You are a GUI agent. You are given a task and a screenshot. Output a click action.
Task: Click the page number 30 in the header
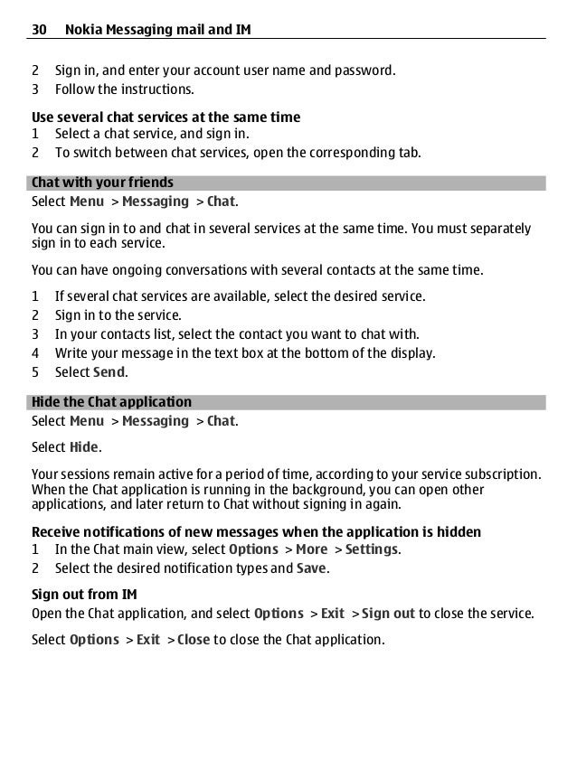[39, 31]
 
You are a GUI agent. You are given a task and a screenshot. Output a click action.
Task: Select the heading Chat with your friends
[102, 183]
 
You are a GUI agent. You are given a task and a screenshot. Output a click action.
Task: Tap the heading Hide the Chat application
[111, 402]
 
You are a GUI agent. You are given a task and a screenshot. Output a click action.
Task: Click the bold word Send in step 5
[109, 371]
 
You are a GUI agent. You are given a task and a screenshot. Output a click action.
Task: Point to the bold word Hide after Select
[85, 447]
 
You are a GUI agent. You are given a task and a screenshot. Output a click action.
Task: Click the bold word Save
[312, 568]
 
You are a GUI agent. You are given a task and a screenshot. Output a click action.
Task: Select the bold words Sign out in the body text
[388, 614]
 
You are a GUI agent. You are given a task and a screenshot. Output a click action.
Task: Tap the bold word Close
[194, 640]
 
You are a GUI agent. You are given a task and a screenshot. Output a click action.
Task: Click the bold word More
[311, 549]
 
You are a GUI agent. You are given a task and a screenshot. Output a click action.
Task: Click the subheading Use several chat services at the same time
[166, 117]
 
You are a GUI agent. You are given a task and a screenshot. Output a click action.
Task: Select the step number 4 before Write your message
[35, 352]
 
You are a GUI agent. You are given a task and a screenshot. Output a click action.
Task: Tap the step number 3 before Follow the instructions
[35, 89]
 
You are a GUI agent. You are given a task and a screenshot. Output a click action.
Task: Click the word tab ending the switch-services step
[411, 153]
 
